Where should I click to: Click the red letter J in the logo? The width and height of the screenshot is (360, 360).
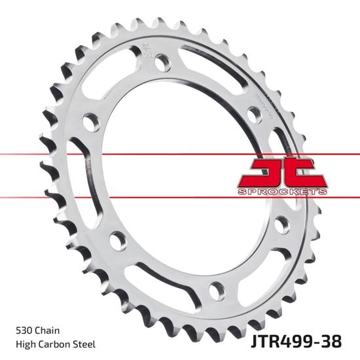[255, 173]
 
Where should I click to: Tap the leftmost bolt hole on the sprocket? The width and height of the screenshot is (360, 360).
[91, 122]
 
